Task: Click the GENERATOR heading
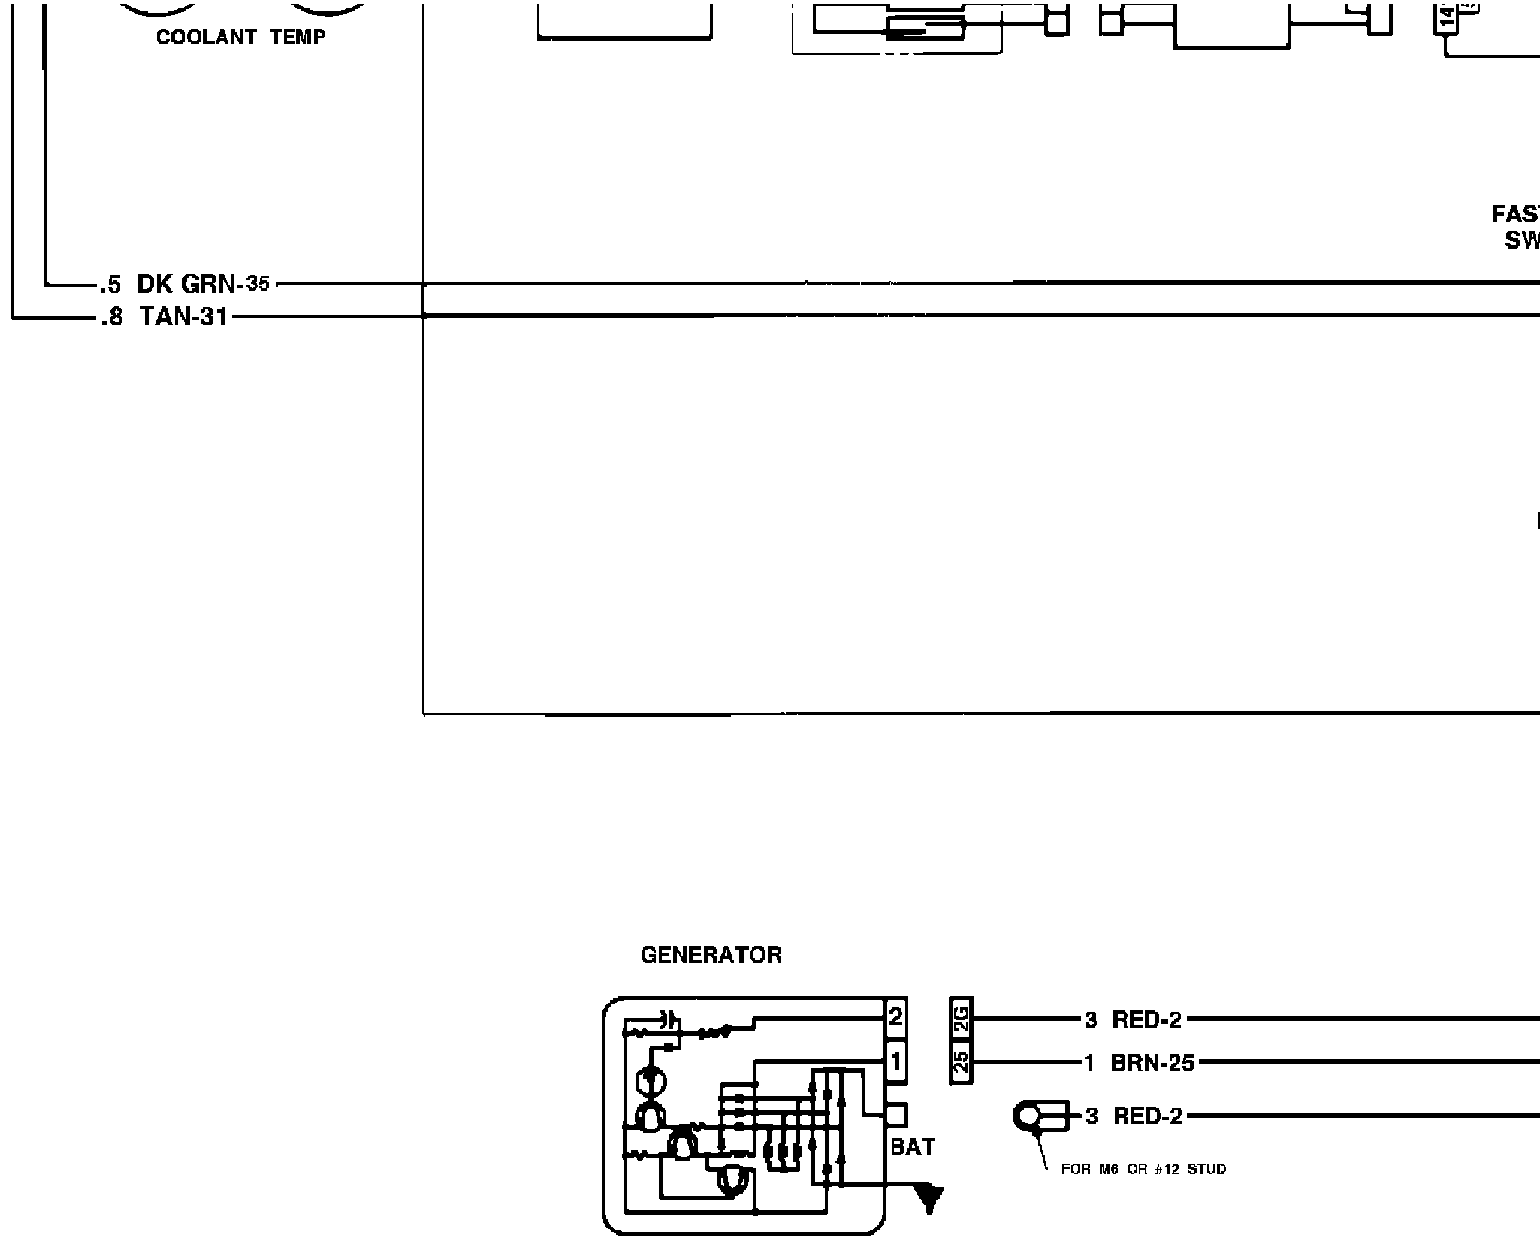pyautogui.click(x=711, y=956)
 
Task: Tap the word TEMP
pyautogui.click(x=298, y=38)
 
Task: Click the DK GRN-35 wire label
pyautogui.click(x=203, y=284)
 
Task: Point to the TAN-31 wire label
pyautogui.click(x=183, y=317)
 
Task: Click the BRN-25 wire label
pyautogui.click(x=1152, y=1063)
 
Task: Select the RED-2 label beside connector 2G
pyautogui.click(x=1146, y=1020)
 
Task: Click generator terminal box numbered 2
pyautogui.click(x=895, y=1018)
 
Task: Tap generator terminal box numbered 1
pyautogui.click(x=895, y=1062)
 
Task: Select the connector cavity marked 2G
pyautogui.click(x=961, y=1019)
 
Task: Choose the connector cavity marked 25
pyautogui.click(x=961, y=1062)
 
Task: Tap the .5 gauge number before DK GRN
pyautogui.click(x=110, y=285)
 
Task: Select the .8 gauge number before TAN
pyautogui.click(x=110, y=318)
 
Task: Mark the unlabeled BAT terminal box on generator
pyautogui.click(x=896, y=1114)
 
